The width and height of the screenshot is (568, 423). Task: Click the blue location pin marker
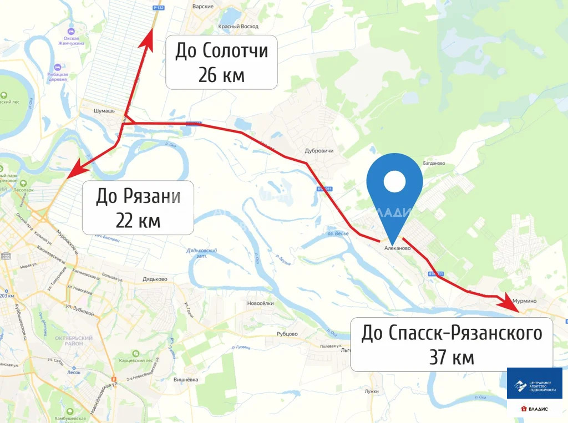click(x=394, y=188)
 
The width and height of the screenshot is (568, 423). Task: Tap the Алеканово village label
click(x=397, y=248)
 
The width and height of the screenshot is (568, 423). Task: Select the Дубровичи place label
click(x=318, y=150)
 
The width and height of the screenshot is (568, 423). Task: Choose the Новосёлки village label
click(x=261, y=303)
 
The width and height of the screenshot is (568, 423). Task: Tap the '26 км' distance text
click(x=221, y=75)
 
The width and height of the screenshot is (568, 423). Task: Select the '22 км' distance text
click(x=138, y=221)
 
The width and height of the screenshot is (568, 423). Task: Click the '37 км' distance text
click(x=452, y=357)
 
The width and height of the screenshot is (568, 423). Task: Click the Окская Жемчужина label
click(x=71, y=42)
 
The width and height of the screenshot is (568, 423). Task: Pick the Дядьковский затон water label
click(x=202, y=253)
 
